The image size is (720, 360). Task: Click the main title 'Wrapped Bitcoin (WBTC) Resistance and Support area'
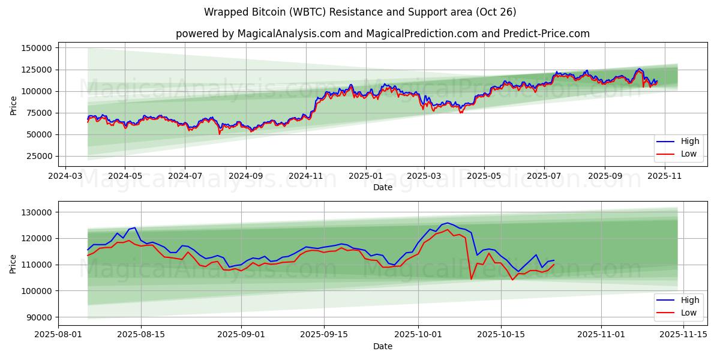(360, 12)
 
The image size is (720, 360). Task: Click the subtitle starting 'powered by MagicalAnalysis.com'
(383, 34)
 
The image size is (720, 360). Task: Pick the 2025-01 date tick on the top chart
(365, 176)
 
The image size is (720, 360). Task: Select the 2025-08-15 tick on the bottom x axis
(142, 335)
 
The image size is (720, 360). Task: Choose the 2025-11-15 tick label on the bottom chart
(682, 335)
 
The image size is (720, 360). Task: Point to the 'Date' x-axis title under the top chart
(383, 187)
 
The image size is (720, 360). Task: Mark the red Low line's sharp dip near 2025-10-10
(471, 279)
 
